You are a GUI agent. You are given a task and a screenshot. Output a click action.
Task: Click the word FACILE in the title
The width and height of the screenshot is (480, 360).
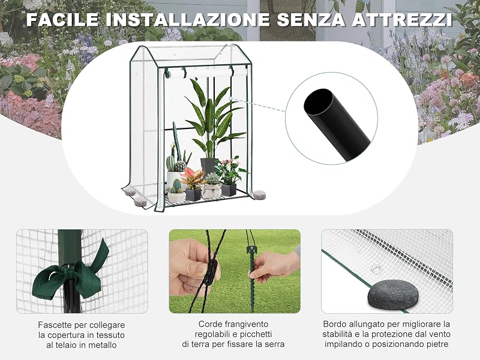(x=63, y=19)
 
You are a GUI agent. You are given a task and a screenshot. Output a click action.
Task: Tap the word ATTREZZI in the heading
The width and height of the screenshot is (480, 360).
(x=402, y=19)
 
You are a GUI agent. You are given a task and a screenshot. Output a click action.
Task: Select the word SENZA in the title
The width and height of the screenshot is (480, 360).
(x=311, y=19)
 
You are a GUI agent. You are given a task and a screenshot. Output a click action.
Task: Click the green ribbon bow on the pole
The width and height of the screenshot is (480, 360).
(x=71, y=274)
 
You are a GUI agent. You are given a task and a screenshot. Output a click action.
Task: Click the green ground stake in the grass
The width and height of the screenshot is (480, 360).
(x=251, y=275)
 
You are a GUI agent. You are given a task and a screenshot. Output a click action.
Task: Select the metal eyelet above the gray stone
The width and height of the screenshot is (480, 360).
(x=376, y=269)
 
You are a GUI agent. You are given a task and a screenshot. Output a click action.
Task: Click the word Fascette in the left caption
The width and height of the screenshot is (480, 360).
(x=55, y=325)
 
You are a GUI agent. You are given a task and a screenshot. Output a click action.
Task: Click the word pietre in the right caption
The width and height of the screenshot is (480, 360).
(x=436, y=344)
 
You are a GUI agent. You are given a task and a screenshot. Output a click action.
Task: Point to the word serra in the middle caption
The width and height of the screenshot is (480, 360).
(x=274, y=344)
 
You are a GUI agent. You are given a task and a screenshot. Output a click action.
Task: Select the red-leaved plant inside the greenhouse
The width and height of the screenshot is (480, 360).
(x=193, y=178)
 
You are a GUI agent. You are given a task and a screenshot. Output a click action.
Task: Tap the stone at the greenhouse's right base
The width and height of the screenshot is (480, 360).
(x=259, y=194)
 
